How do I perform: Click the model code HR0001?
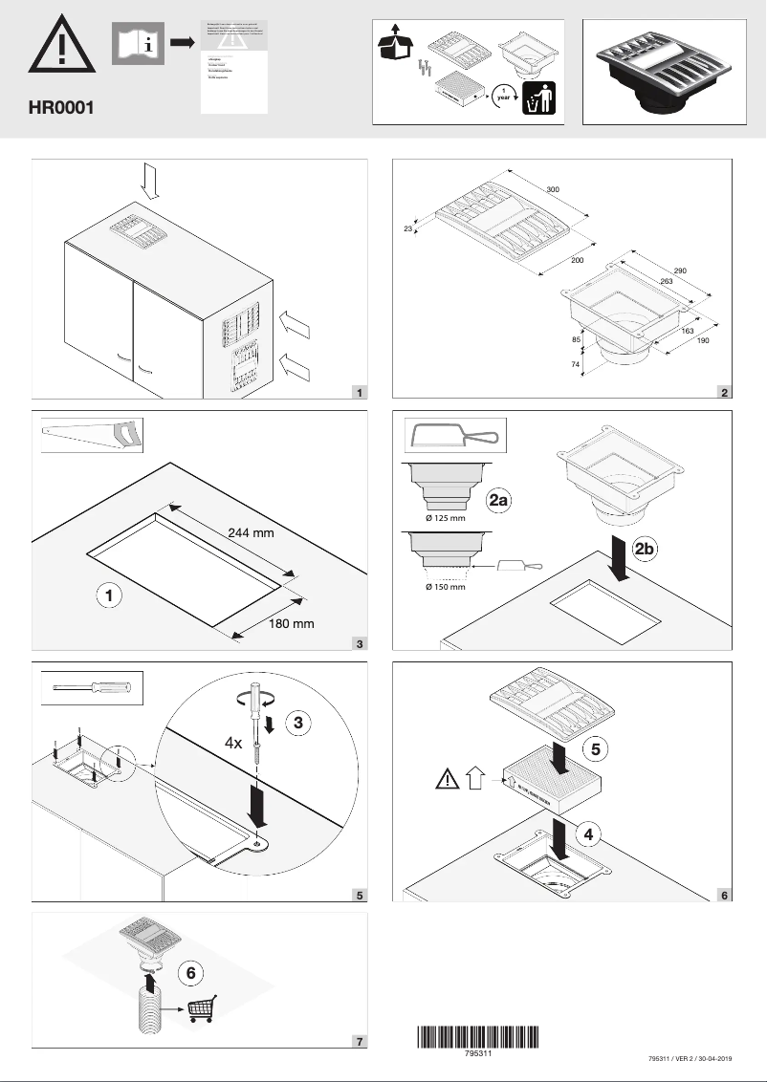pos(60,108)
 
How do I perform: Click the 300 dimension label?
pos(553,191)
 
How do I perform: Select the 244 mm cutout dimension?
pos(252,532)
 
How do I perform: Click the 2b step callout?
pos(643,548)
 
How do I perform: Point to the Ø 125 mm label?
pos(445,517)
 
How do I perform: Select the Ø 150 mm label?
pos(445,587)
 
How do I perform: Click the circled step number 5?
pos(595,749)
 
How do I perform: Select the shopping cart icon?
pos(201,1010)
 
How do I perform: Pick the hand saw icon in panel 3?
pos(92,435)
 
